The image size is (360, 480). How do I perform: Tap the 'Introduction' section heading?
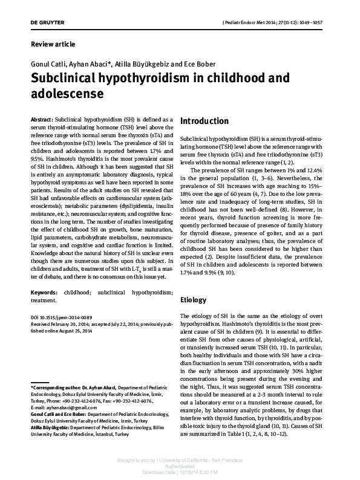coord(205,121)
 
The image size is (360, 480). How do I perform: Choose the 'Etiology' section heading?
coord(194,300)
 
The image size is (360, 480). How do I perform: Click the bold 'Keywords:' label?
coord(44,291)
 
